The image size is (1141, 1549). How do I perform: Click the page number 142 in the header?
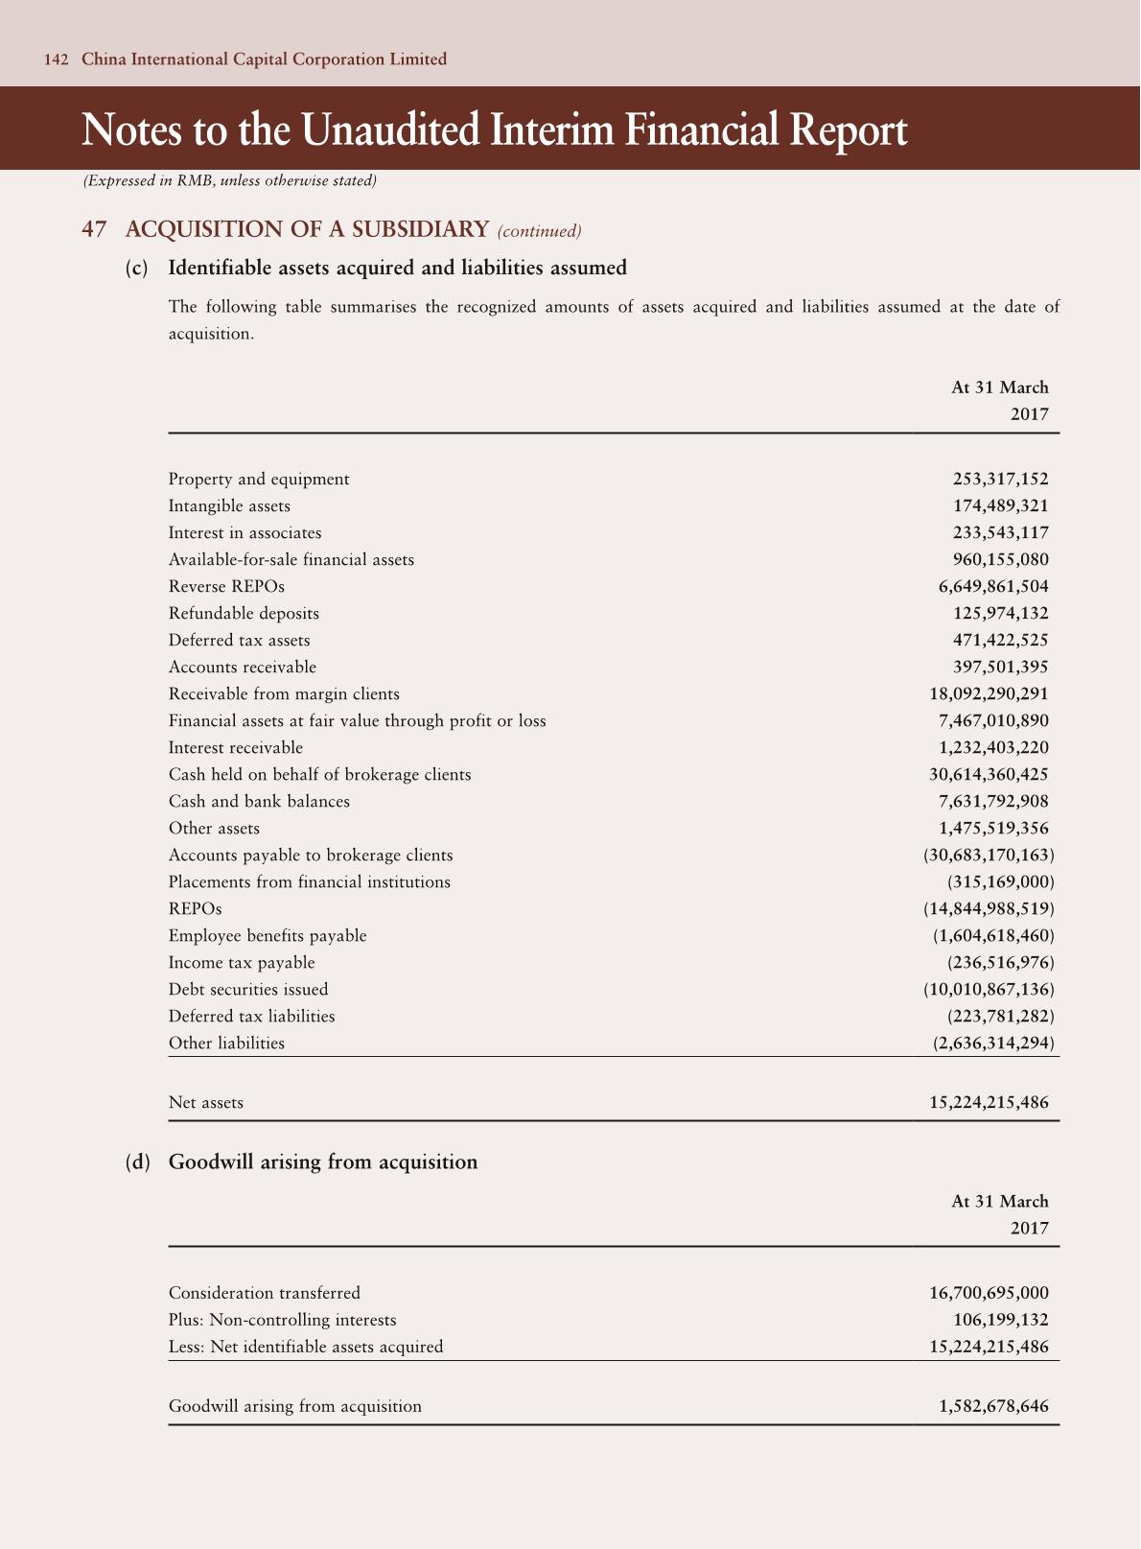[57, 59]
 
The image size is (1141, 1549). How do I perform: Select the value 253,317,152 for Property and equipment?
[1000, 479]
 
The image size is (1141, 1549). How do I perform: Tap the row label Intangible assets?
[229, 505]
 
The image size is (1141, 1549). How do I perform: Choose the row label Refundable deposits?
[244, 613]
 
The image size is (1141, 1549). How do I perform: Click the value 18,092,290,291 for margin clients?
[989, 693]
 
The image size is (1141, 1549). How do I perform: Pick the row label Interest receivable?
[235, 747]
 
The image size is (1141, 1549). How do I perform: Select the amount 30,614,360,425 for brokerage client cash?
[989, 774]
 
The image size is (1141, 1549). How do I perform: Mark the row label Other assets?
[214, 828]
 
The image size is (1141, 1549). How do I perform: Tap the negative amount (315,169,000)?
[1000, 881]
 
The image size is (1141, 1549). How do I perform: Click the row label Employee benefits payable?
[268, 935]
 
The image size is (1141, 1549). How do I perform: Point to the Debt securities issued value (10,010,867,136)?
[989, 989]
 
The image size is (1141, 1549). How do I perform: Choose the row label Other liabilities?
[226, 1043]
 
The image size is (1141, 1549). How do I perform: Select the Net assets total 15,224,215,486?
[989, 1103]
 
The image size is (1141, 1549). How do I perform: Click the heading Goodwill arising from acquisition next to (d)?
[323, 1162]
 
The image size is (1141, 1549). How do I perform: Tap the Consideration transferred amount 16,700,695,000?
[989, 1293]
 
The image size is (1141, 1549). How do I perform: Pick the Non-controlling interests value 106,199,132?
[1000, 1320]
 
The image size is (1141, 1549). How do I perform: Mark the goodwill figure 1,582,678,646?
[993, 1406]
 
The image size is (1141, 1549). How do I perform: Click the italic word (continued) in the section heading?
[539, 231]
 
